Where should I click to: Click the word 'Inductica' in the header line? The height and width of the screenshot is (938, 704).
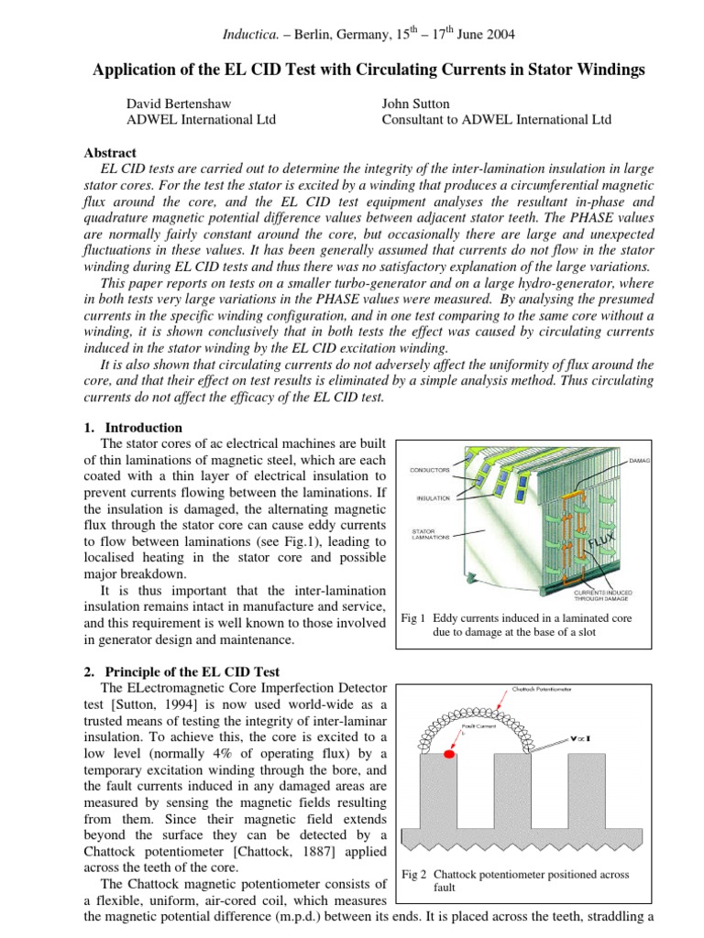pyautogui.click(x=250, y=35)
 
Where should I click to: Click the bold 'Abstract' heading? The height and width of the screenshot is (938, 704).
pyautogui.click(x=110, y=153)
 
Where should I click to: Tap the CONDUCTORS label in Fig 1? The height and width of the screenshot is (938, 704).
pyautogui.click(x=431, y=470)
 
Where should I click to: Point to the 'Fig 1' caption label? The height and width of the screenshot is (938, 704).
pyautogui.click(x=416, y=617)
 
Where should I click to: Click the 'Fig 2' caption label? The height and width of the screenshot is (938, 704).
pyautogui.click(x=416, y=874)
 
